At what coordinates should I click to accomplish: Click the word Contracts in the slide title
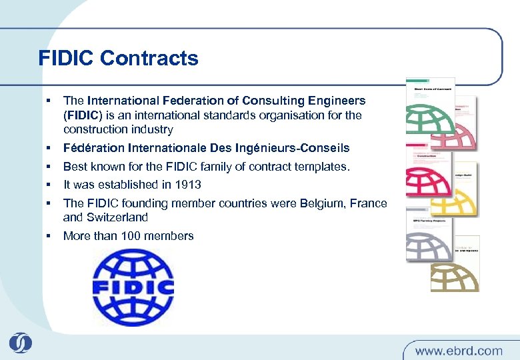pyautogui.click(x=149, y=59)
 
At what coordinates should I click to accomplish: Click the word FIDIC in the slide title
pyautogui.click(x=67, y=59)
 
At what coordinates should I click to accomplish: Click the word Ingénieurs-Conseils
pyautogui.click(x=291, y=147)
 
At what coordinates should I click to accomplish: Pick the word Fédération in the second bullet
pyautogui.click(x=91, y=147)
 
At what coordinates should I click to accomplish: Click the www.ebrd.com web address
pyautogui.click(x=458, y=350)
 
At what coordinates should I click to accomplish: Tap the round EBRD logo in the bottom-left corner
pyautogui.click(x=20, y=343)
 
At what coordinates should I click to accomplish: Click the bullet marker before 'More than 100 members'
pyautogui.click(x=49, y=235)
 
